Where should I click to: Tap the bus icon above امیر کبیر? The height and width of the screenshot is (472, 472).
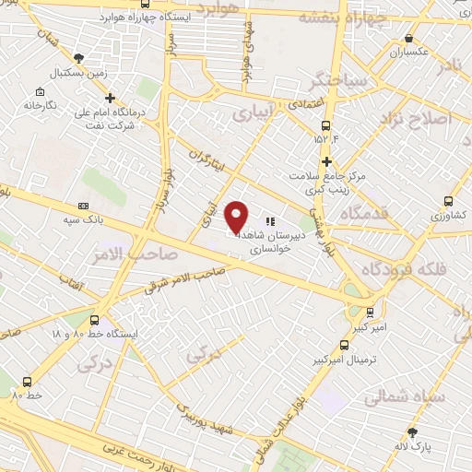pyautogui.click(x=370, y=313)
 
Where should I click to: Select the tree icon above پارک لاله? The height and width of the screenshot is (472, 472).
pyautogui.click(x=412, y=431)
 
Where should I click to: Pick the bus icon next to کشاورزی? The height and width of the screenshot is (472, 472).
pyautogui.click(x=449, y=200)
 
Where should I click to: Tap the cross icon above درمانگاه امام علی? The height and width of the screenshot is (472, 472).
pyautogui.click(x=111, y=97)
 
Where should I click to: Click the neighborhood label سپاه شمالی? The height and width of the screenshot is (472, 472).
pyautogui.click(x=403, y=398)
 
